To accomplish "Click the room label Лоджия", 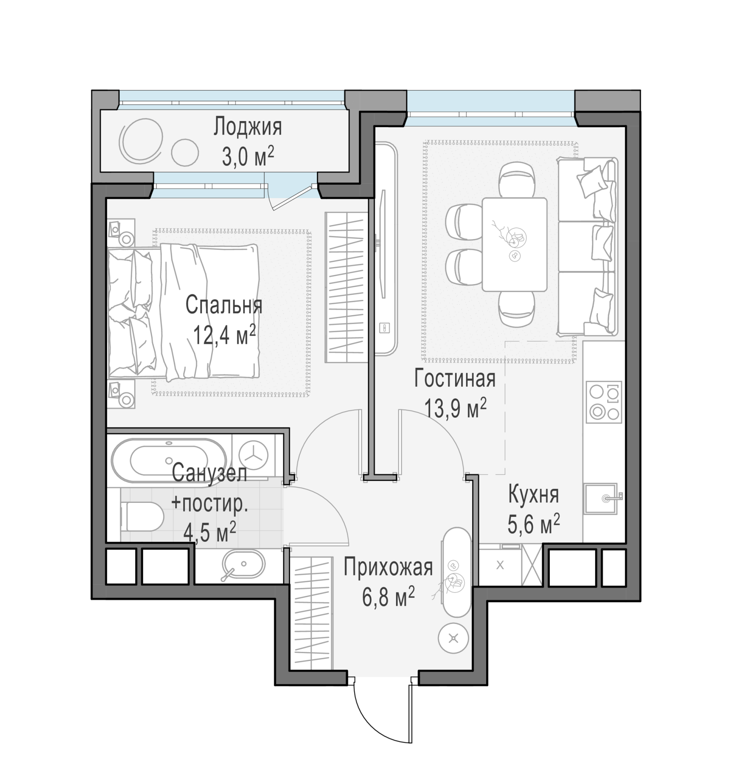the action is (248, 127).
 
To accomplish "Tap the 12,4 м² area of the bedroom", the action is (224, 334).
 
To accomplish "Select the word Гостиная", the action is (455, 378).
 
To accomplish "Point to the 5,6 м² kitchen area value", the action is (534, 523).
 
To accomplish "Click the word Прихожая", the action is (388, 568).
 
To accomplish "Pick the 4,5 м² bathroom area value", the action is (210, 532).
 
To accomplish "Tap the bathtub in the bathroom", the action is (169, 461).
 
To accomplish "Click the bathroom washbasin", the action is (243, 565).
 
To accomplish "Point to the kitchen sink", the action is (602, 499).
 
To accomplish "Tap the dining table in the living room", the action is (514, 244).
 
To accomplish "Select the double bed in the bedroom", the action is (183, 312).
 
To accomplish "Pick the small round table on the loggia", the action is (185, 152).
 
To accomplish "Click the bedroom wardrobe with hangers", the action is (346, 287).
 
